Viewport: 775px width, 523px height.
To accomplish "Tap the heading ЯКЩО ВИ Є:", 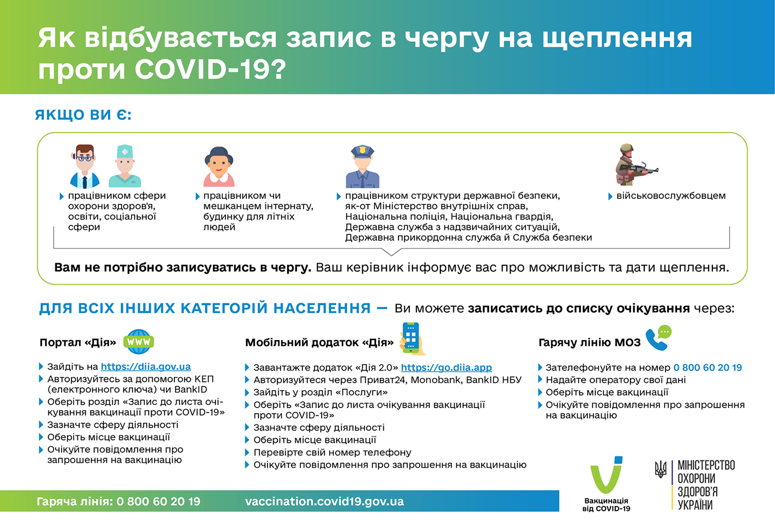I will tap(83, 115).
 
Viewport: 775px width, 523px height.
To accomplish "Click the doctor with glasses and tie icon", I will tap(84, 166).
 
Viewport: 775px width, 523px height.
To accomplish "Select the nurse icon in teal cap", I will tap(125, 166).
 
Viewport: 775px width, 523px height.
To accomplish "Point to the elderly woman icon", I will tap(219, 167).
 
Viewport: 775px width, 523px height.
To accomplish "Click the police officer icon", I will tap(362, 167).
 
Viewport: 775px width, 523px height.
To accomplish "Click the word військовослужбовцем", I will tap(670, 196).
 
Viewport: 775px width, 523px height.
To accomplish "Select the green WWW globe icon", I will tap(138, 342).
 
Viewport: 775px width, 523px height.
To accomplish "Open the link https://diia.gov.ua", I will tap(146, 367).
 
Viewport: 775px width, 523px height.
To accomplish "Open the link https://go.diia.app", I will tap(446, 368).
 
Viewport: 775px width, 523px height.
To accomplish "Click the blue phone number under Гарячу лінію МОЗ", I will tap(707, 368).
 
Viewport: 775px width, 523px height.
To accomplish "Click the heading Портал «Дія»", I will tap(77, 343).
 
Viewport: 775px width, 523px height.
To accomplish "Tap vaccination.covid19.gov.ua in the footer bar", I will tap(324, 501).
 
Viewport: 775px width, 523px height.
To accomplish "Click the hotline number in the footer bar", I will tap(158, 501).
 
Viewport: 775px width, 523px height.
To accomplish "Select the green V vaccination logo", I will tap(606, 475).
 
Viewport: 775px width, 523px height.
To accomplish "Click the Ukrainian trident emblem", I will tap(660, 469).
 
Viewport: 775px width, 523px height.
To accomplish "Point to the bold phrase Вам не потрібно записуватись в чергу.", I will tap(183, 267).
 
